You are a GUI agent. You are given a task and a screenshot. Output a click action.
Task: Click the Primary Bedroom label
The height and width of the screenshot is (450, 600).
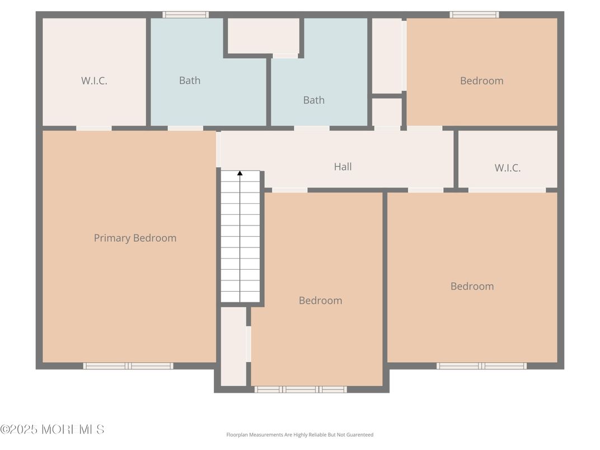point(135,238)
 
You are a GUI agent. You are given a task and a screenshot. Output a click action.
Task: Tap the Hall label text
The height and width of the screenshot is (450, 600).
point(343,166)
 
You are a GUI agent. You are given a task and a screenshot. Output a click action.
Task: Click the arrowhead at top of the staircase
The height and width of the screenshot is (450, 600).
point(240,174)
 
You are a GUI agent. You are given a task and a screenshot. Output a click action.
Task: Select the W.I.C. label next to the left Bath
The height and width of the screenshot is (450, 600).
point(94,81)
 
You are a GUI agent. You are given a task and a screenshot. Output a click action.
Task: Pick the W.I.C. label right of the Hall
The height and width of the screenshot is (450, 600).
point(507,167)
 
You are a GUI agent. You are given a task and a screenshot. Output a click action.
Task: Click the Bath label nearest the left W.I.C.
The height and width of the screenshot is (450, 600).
point(190,81)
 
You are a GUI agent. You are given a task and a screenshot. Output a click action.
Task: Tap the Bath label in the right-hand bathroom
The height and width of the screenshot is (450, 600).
point(313,100)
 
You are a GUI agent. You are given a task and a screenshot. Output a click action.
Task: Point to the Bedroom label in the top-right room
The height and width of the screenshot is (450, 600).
point(481,81)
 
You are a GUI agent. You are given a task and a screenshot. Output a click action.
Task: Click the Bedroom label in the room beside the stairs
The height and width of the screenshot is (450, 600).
point(320,301)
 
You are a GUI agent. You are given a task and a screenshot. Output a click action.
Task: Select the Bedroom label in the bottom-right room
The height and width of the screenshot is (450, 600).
point(472,286)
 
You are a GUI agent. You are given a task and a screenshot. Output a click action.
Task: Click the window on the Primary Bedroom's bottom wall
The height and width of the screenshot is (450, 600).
point(128,366)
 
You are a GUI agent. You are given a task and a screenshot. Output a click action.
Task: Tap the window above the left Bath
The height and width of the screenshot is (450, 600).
point(185,15)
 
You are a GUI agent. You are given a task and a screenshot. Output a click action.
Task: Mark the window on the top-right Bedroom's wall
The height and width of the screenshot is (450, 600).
point(474,15)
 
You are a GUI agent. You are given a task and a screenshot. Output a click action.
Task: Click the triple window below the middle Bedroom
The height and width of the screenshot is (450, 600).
point(301,389)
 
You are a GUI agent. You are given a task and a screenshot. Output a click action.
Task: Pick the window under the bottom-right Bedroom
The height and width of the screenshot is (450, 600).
point(481,366)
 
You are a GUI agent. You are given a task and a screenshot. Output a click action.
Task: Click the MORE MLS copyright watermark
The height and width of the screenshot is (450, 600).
point(52,429)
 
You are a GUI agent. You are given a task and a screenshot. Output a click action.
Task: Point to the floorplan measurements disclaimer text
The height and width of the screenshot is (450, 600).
point(299,434)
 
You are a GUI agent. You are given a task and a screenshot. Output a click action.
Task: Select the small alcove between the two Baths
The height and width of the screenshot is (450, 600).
point(263,36)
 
